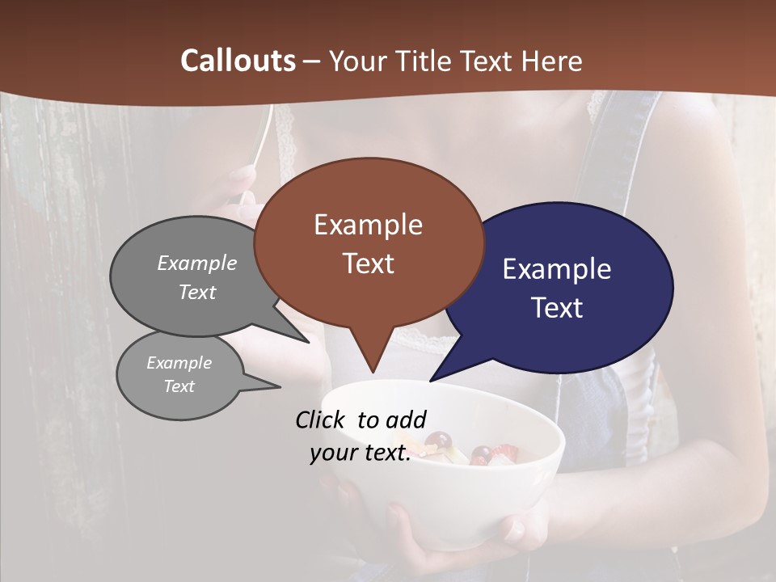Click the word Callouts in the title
[238, 61]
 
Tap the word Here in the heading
[552, 61]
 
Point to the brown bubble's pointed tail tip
[373, 373]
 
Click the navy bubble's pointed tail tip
[431, 381]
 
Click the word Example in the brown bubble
[368, 225]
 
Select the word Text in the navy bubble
[558, 308]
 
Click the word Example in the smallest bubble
[179, 363]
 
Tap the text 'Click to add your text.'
[361, 436]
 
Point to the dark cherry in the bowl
[439, 441]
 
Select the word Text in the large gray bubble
[197, 293]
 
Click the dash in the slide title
[312, 61]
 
